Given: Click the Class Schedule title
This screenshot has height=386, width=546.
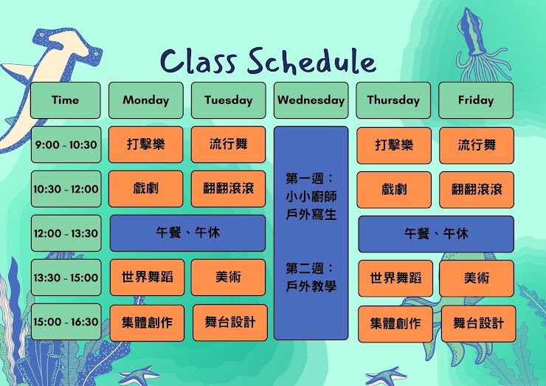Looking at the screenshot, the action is click(268, 62).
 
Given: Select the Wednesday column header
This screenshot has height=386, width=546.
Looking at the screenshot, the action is click(311, 100).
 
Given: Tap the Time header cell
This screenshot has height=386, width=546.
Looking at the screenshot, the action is click(66, 100).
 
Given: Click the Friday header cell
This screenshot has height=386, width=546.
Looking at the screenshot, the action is click(476, 100).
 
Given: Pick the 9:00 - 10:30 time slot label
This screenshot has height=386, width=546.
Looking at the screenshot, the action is click(66, 145).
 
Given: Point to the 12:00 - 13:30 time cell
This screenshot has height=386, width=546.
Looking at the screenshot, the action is click(66, 233).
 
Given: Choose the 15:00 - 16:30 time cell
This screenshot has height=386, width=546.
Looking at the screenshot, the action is click(66, 322).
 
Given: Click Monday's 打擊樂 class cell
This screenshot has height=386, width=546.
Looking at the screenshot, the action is click(145, 145).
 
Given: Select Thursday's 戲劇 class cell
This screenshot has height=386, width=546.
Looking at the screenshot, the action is click(394, 190).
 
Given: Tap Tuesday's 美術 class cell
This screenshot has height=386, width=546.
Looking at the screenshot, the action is click(228, 278).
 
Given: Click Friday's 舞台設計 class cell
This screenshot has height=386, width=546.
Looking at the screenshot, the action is click(478, 324).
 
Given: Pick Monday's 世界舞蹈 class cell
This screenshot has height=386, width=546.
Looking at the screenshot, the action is click(148, 278).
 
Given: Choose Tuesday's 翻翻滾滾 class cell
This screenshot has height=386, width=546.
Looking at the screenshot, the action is click(228, 189).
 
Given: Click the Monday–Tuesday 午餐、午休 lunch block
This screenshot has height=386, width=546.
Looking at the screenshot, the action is click(187, 233).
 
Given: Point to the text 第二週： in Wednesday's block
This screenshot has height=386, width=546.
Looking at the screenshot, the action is click(310, 268).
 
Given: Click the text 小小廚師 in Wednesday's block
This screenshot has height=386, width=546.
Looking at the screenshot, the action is click(311, 196).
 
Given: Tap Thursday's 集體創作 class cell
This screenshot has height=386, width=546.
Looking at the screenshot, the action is click(395, 324).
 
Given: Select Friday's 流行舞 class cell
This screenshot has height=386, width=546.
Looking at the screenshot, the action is click(477, 145).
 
